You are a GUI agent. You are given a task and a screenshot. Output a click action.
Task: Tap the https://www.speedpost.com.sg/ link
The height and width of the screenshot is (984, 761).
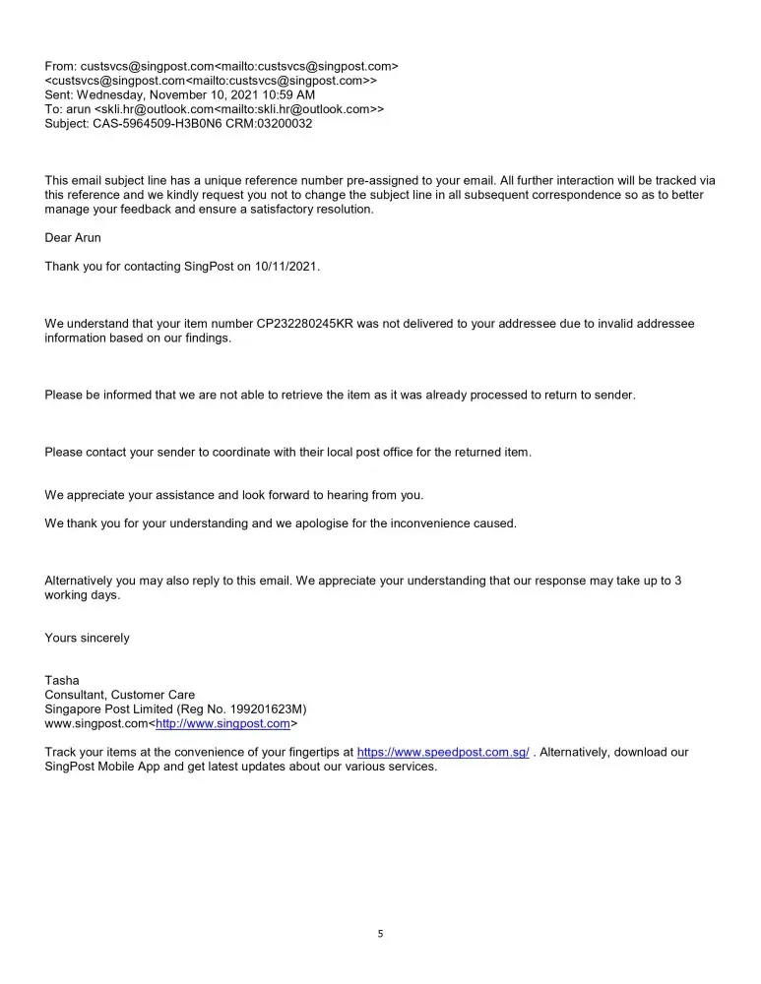point(442,753)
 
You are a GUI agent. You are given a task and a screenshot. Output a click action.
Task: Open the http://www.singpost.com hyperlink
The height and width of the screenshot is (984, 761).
point(222,723)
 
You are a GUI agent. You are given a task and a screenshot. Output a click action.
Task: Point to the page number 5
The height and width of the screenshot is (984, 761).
point(380,934)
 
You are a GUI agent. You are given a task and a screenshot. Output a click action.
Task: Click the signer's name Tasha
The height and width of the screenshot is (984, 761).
point(61,680)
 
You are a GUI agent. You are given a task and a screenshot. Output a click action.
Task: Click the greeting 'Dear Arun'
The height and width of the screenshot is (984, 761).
point(73,238)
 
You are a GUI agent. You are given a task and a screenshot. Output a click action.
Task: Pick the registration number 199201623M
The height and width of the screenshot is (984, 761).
point(265,709)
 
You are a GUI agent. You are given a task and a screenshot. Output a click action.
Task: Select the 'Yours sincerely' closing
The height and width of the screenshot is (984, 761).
point(87,638)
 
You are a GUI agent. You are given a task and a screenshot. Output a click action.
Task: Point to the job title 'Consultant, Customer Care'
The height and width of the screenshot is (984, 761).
point(120,695)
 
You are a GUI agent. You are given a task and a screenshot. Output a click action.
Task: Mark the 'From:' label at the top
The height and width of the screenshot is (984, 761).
point(60,66)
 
